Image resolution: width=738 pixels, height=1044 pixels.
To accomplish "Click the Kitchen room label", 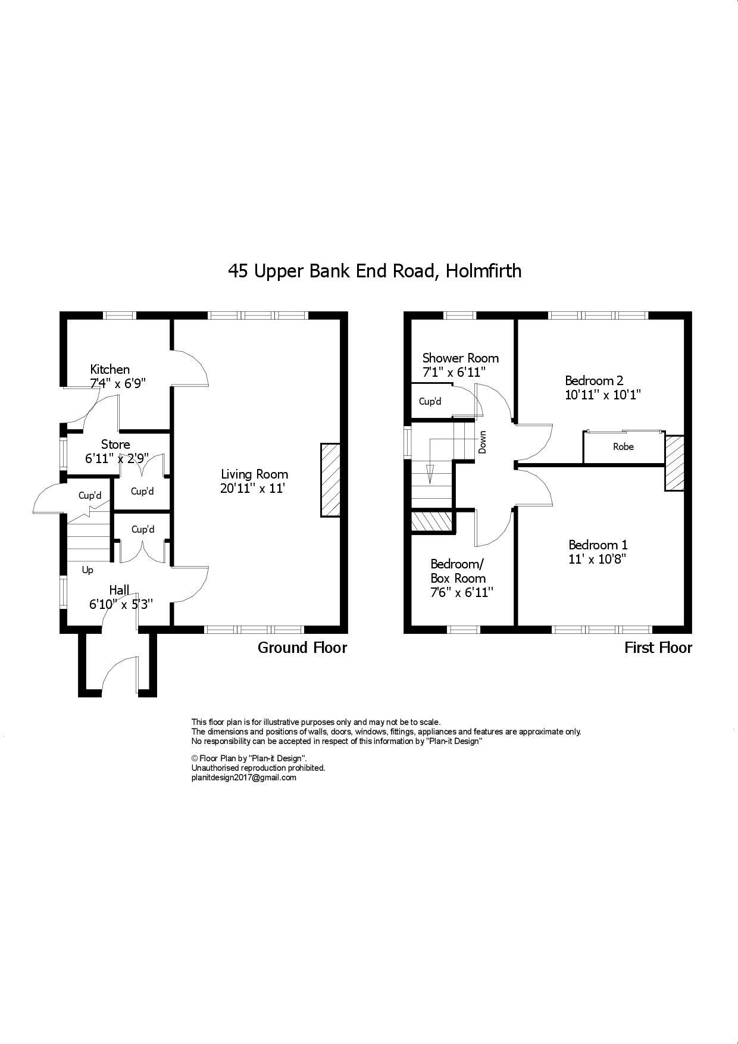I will [110, 369].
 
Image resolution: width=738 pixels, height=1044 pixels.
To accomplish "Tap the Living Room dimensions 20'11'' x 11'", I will [254, 489].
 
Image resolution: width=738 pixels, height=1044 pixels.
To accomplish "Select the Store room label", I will [115, 444].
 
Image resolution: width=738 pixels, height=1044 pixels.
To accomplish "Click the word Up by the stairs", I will [87, 570].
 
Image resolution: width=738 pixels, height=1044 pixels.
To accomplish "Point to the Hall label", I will [119, 590].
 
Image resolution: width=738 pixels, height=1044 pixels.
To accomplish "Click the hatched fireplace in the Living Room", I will [330, 480].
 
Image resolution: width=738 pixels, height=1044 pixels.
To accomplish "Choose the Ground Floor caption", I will [302, 648].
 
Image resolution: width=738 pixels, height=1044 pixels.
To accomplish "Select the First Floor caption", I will [658, 648].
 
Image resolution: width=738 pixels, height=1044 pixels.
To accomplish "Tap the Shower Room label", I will [460, 358].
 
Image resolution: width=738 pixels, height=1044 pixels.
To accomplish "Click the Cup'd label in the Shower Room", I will [430, 401].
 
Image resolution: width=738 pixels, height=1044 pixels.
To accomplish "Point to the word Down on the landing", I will [483, 442].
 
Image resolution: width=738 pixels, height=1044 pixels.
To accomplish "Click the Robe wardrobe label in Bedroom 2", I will [623, 446].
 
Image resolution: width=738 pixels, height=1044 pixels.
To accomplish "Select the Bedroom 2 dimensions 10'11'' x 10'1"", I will [602, 395].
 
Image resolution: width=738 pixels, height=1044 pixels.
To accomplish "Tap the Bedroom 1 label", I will [598, 545].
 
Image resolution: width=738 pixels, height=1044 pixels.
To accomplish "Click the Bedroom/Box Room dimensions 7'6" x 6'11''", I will [462, 593].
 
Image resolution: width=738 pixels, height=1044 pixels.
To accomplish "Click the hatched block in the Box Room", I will [432, 521].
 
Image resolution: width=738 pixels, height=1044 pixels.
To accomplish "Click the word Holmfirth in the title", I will [484, 271].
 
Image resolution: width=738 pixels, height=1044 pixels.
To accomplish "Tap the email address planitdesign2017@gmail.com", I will [243, 777].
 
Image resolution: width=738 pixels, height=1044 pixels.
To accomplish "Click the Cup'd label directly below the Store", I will [142, 491].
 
